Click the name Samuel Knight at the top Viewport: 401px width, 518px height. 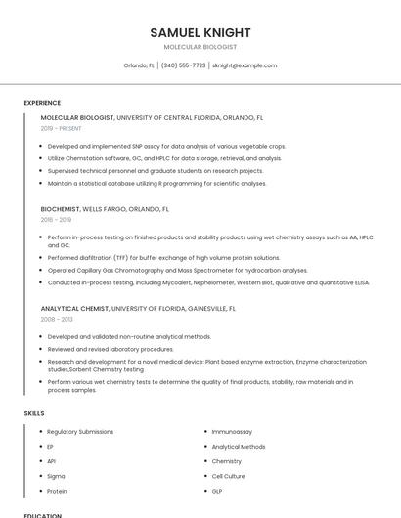[200, 32]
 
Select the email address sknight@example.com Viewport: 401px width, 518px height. [245, 65]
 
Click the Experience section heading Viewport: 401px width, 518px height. [42, 103]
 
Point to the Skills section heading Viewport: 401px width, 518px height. [33, 413]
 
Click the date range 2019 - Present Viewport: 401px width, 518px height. [61, 129]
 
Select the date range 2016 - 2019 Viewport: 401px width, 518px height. [56, 220]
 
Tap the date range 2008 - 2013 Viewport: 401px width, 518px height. [56, 320]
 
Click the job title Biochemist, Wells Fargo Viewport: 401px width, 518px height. [105, 209]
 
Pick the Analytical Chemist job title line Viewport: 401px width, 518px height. [138, 308]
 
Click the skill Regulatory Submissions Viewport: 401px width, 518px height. [80, 431]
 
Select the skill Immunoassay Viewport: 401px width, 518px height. [233, 431]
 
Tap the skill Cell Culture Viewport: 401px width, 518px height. [229, 476]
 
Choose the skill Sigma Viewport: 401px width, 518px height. [57, 476]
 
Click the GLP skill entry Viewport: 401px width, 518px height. [217, 491]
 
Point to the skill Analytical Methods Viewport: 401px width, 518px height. [238, 447]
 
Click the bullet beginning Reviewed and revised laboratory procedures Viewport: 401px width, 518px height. [111, 349]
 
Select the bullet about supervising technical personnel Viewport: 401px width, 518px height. [155, 170]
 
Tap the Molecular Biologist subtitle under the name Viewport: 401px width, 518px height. [200, 47]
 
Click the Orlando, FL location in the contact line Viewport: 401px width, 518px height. [139, 65]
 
